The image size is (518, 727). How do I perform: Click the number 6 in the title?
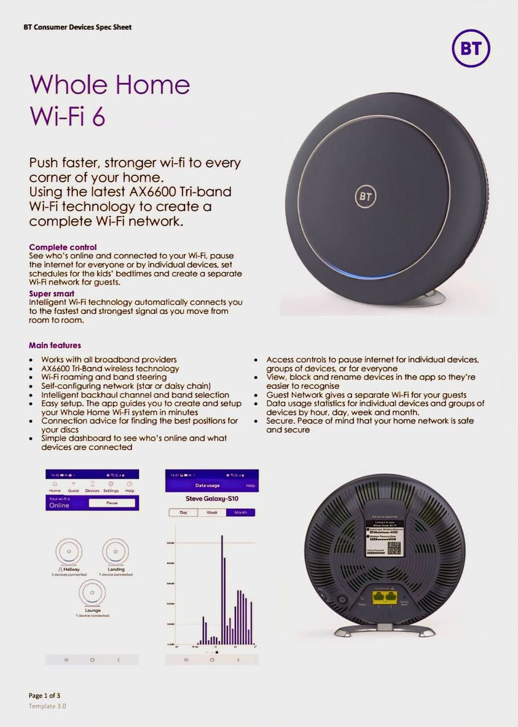click(x=98, y=116)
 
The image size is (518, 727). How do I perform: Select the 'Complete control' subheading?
click(x=63, y=247)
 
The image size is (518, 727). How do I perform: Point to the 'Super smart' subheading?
click(x=52, y=294)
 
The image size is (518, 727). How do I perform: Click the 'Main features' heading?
click(x=55, y=345)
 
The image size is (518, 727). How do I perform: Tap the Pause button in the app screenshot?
click(x=112, y=502)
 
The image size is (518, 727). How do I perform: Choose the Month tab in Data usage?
click(x=240, y=512)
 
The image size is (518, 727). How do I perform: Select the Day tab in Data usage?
click(x=183, y=512)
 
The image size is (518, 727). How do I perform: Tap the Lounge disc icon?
click(x=92, y=593)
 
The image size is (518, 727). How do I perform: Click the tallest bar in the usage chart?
click(x=221, y=590)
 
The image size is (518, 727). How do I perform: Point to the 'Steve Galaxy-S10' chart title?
click(x=211, y=498)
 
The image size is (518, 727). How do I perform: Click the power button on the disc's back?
click(x=342, y=599)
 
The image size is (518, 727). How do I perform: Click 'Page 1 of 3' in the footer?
click(x=44, y=695)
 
